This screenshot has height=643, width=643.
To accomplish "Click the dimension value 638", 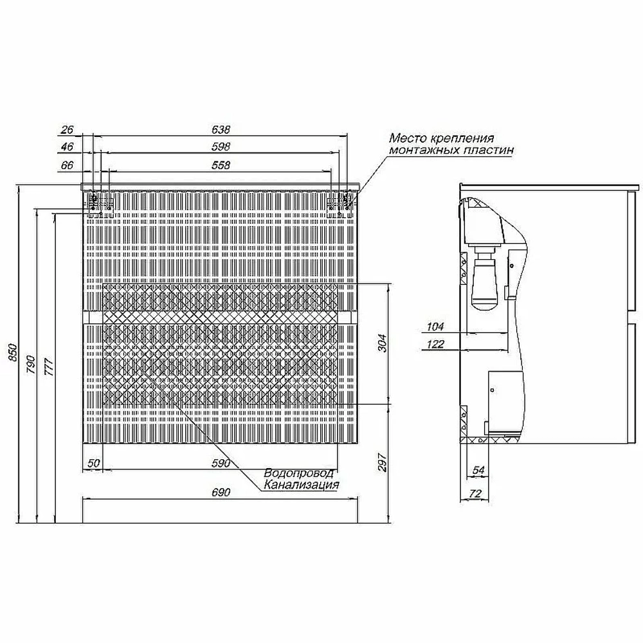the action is coord(221,130).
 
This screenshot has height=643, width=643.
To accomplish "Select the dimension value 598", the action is coord(221,147).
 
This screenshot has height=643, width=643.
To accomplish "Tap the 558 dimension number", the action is coord(221,165).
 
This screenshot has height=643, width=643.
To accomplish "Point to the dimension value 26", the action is coord(67,130).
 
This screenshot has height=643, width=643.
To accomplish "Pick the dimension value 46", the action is coord(67,147).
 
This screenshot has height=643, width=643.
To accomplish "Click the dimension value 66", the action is coord(67,165).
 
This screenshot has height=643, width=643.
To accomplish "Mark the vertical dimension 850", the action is coord(13,352).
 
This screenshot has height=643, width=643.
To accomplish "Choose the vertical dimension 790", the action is coord(31,365).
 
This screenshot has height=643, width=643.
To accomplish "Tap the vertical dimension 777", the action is coord(49,367).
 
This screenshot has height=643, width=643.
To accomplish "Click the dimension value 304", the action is coord(382,343).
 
